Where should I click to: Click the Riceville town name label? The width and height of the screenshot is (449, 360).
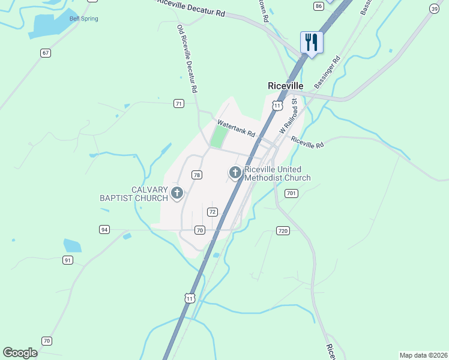click(x=285, y=86)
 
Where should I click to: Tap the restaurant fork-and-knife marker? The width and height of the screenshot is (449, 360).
click(x=312, y=42)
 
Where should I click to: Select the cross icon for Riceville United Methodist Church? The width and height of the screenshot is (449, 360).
click(x=235, y=173)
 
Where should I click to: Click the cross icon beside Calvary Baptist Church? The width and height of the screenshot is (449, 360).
click(x=176, y=193)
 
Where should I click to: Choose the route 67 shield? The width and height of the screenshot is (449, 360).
click(x=46, y=53)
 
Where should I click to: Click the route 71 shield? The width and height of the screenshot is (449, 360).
click(x=179, y=104)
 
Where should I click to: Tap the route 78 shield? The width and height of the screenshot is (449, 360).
click(x=197, y=175)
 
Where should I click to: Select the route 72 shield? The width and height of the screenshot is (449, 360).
click(x=212, y=212)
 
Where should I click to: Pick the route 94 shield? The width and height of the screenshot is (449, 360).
click(x=104, y=229)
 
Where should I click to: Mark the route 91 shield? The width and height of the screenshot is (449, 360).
click(x=67, y=260)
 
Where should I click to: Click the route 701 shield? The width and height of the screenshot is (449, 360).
click(x=292, y=193)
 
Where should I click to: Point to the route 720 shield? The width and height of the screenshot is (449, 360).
click(x=283, y=230)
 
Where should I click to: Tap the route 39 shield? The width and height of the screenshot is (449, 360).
click(x=434, y=8)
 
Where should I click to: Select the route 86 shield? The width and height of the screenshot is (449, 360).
click(x=319, y=5)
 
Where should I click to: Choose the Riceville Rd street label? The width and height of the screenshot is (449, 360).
click(x=307, y=142)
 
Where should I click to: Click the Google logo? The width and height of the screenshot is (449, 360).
click(x=20, y=353)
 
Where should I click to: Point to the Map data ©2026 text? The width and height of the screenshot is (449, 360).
click(x=423, y=355)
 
